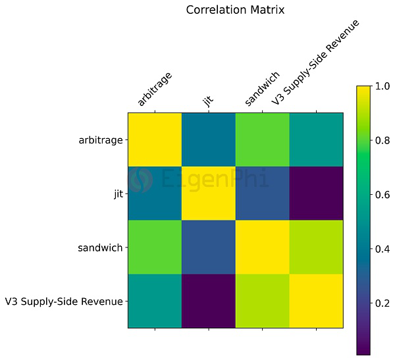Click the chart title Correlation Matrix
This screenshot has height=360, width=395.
(x=235, y=10)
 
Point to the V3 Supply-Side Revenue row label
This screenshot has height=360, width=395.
(x=64, y=301)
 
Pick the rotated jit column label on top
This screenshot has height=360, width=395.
(x=209, y=100)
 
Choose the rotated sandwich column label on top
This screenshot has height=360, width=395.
(x=263, y=88)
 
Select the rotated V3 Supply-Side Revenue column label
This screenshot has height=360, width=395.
(x=316, y=63)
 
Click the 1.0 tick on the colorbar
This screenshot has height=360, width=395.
(x=384, y=86)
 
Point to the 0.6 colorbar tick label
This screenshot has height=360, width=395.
(x=384, y=194)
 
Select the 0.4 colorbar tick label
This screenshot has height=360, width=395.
(x=384, y=249)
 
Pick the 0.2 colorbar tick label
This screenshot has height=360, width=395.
(x=384, y=303)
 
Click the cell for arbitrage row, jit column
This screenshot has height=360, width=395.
(x=209, y=140)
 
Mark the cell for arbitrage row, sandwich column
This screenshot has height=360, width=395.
(x=263, y=140)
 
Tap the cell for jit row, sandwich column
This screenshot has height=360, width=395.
(x=263, y=193)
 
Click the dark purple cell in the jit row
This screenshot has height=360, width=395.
(x=316, y=193)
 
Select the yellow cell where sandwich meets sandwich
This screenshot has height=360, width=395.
(x=263, y=247)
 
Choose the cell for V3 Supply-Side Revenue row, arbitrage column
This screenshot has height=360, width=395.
(x=155, y=301)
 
